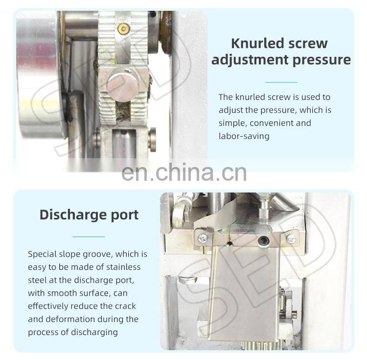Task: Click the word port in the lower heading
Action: (x=125, y=215)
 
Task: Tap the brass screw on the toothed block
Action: (x=123, y=28)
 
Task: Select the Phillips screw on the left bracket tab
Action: (x=204, y=239)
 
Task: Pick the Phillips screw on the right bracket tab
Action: (x=291, y=239)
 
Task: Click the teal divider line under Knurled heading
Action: (x=281, y=82)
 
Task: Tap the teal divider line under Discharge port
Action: (x=89, y=237)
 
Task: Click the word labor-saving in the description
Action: (x=244, y=136)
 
